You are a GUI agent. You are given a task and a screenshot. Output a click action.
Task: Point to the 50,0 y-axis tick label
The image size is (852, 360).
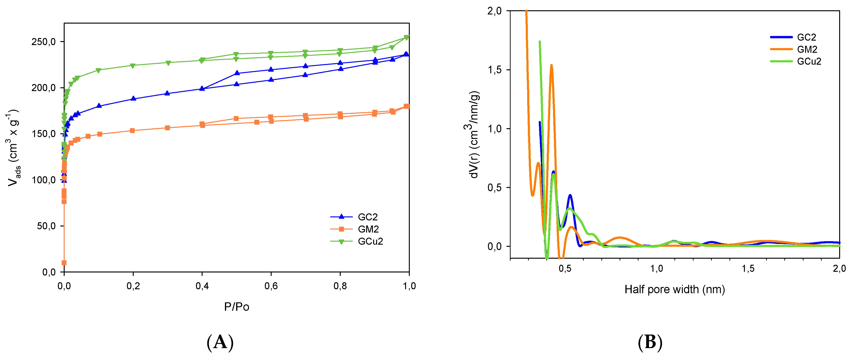click(46, 226)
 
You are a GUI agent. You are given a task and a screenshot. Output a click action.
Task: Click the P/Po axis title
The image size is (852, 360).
click(236, 307)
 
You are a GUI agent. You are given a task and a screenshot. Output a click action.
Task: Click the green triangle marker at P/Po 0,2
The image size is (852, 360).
click(133, 66)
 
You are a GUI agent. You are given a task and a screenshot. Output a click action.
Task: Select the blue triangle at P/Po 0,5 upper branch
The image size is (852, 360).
click(237, 73)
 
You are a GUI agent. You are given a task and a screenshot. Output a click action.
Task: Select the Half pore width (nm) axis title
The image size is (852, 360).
click(675, 289)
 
